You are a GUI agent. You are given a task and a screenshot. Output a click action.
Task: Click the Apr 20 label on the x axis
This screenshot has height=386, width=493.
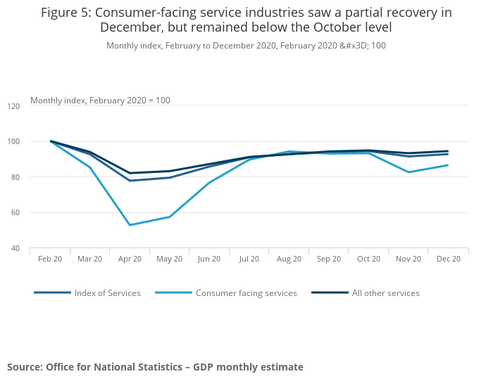coord(130,259)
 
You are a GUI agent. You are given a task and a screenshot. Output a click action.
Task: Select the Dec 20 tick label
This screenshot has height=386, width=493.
coord(449,259)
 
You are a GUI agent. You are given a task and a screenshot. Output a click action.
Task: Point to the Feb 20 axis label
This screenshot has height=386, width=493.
coord(50,259)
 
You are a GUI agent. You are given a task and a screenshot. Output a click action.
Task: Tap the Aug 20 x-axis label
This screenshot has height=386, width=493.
coord(289,259)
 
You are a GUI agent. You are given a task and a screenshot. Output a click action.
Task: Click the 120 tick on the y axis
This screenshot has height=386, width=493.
coord(13,106)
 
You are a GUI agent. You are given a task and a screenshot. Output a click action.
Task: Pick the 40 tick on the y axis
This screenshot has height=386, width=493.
coord(15,248)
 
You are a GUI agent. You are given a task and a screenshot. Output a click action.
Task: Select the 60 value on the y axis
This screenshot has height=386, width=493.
coord(15,212)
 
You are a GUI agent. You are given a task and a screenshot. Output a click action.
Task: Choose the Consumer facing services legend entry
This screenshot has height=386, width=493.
coord(246,293)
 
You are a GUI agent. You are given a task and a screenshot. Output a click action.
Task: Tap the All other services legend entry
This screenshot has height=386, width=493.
coord(386,293)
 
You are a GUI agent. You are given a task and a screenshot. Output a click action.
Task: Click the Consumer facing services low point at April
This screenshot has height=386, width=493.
coord(130,225)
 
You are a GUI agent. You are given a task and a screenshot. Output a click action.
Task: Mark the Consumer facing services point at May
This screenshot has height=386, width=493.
coord(170,217)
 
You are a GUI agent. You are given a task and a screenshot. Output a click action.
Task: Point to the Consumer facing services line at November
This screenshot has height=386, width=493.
coord(409,172)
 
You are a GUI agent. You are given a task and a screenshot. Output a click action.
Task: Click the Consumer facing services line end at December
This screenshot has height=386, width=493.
coord(449,165)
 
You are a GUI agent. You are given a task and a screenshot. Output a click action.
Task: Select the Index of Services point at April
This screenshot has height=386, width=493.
coord(130,181)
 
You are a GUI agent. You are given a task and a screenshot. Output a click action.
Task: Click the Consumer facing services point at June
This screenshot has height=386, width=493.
coord(210,182)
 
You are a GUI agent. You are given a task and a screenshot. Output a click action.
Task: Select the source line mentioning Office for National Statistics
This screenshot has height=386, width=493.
coord(155,367)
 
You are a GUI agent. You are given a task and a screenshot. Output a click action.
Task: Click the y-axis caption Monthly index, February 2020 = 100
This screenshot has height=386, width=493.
coord(100,101)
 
